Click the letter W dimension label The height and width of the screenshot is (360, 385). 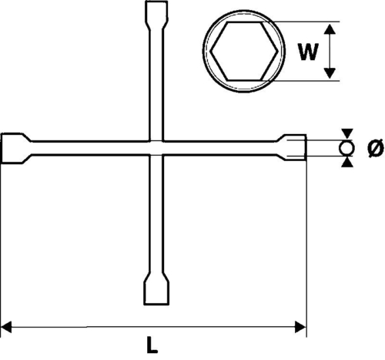[x=308, y=52]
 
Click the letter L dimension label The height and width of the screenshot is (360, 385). [x=152, y=345]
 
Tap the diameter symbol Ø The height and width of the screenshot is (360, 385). [x=376, y=148]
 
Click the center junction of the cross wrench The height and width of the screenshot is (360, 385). [x=156, y=148]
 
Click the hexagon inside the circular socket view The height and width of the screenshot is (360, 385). [x=244, y=51]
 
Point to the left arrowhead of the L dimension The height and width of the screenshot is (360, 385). [x=6, y=328]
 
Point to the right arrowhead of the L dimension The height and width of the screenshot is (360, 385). [x=300, y=327]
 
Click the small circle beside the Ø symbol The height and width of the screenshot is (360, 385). [x=346, y=148]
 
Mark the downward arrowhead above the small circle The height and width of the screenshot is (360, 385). [x=347, y=133]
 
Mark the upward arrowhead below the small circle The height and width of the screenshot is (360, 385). [x=347, y=163]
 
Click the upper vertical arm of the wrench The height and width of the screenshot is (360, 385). [x=156, y=85]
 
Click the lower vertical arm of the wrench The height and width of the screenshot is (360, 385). [x=156, y=214]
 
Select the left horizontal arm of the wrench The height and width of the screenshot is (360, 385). [x=90, y=148]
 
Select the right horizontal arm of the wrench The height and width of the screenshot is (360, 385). [x=220, y=148]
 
